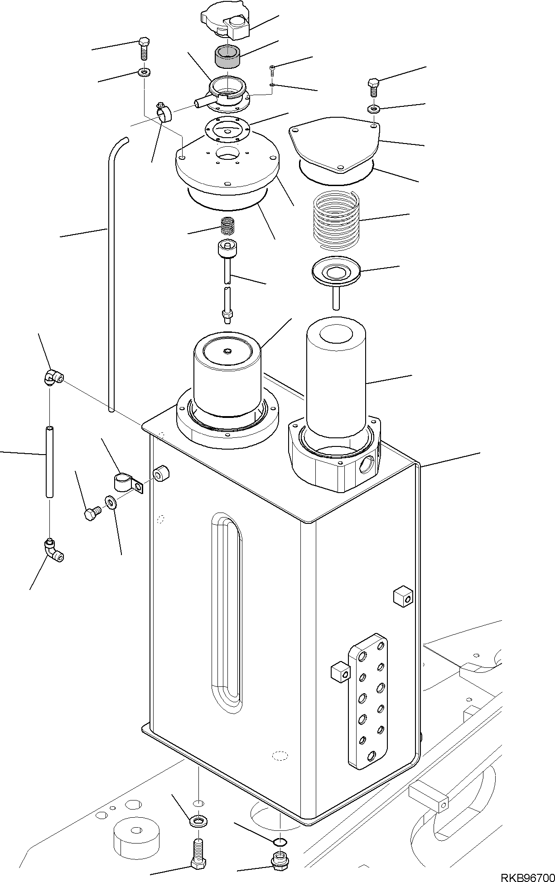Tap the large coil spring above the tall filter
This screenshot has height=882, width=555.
coord(337,219)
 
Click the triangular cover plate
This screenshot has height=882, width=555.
coord(334,146)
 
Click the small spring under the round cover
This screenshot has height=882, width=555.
coord(227,225)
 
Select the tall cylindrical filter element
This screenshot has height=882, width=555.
coord(336,380)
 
